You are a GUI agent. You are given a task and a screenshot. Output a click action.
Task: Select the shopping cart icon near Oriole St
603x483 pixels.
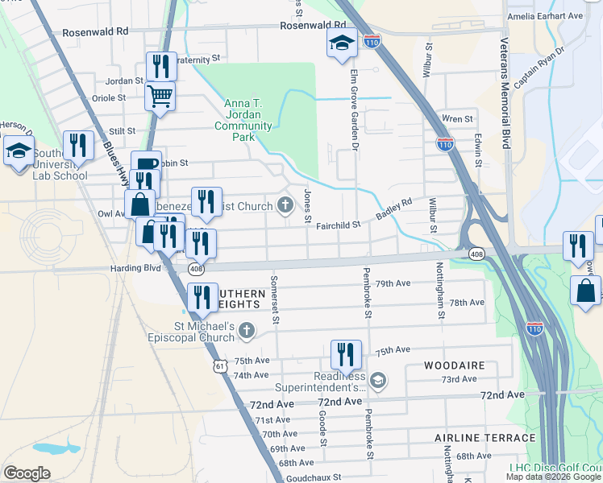[x=160, y=97]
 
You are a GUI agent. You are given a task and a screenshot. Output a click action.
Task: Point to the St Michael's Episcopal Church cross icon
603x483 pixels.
[x=247, y=329]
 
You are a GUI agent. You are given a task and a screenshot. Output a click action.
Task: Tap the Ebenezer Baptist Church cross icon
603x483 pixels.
[x=285, y=206]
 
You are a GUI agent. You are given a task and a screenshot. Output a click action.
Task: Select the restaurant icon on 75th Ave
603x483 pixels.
[x=346, y=354]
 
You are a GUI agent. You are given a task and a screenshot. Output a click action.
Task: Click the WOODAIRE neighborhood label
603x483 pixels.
[x=455, y=365]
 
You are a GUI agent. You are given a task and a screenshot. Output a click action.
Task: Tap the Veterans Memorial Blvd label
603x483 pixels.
[x=505, y=93]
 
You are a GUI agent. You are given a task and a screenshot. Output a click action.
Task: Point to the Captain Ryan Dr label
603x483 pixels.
[x=539, y=71]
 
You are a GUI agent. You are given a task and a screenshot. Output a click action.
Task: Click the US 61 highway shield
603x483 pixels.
[x=220, y=365]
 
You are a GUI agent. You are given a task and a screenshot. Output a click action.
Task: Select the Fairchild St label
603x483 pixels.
[x=337, y=225]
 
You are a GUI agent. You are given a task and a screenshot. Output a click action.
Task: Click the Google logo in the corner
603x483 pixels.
[x=27, y=473]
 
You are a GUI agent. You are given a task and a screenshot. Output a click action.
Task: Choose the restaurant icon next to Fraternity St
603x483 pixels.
[x=160, y=65]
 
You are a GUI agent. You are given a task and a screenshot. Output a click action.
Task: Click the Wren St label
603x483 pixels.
[x=457, y=119]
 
